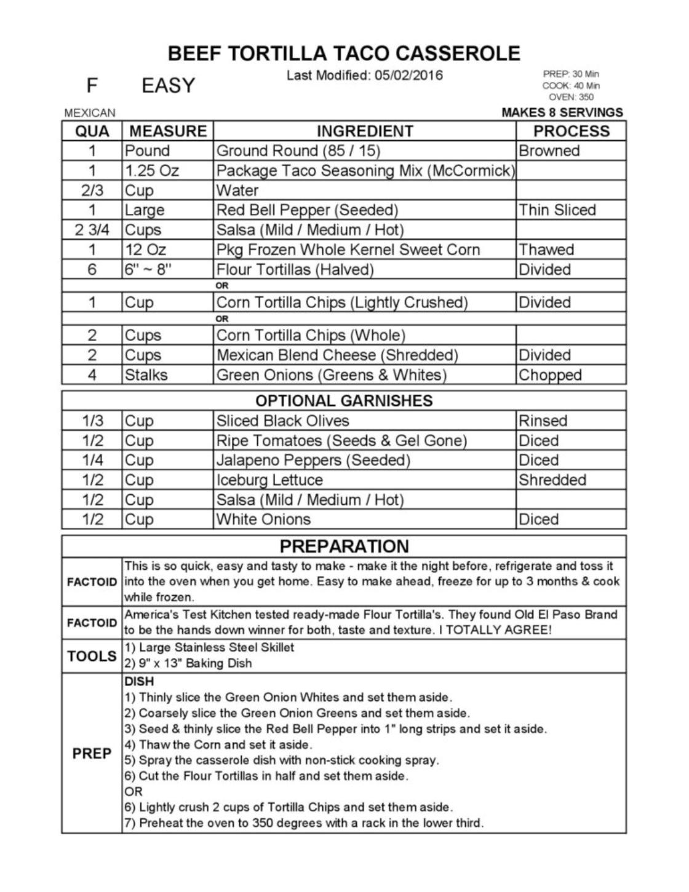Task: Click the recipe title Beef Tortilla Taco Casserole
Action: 344,53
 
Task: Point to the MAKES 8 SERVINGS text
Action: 562,112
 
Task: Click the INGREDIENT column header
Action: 364,131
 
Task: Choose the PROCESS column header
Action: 571,131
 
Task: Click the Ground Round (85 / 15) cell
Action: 298,151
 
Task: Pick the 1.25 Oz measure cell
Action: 151,171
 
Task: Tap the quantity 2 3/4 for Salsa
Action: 92,230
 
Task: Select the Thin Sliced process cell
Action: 557,210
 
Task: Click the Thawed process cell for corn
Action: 546,250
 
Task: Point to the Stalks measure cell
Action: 146,375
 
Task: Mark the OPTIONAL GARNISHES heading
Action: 344,401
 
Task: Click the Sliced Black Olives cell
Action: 282,421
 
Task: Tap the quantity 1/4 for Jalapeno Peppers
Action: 92,460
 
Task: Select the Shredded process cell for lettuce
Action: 552,480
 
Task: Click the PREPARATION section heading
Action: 344,547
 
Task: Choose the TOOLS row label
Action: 92,656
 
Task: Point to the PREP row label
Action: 92,753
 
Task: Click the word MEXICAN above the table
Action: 90,113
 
